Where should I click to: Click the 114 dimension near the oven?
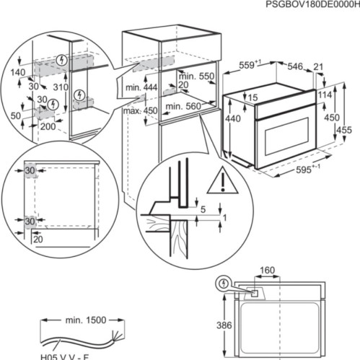[325, 95]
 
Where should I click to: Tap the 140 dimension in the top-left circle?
[18, 72]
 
